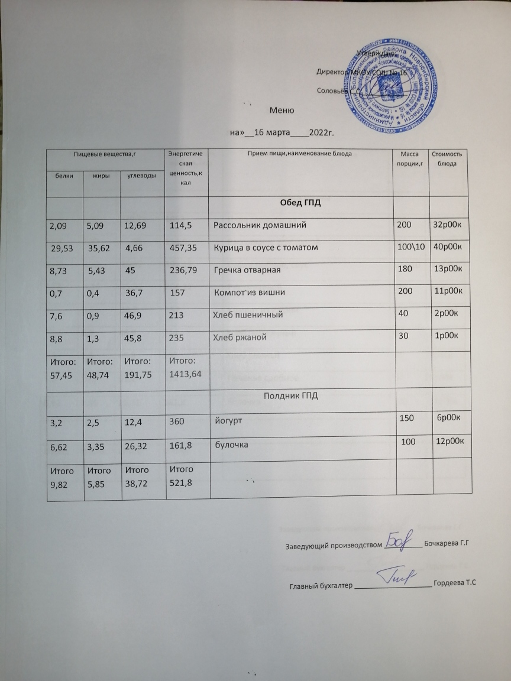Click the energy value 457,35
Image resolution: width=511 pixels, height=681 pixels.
coord(183,247)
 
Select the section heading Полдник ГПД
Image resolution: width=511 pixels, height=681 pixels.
coord(290,395)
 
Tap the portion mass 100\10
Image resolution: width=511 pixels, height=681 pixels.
coord(411,247)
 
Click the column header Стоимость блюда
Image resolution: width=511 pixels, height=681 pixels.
coord(451,158)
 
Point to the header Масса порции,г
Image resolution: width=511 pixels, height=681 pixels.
coord(410,158)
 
